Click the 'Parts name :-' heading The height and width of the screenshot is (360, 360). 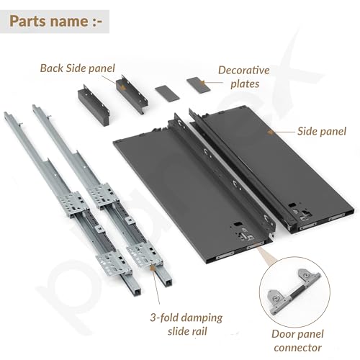click(56, 22)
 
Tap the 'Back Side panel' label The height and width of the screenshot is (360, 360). click(77, 68)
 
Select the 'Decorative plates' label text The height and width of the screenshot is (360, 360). click(244, 77)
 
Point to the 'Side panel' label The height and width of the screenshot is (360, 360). click(322, 131)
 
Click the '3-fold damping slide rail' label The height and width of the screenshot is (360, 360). click(186, 324)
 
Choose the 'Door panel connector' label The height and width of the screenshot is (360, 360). click(297, 341)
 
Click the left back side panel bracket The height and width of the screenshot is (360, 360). click(94, 105)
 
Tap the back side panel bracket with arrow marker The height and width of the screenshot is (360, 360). click(132, 94)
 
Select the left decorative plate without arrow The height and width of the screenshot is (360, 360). click(167, 93)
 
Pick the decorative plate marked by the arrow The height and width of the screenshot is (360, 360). click(198, 85)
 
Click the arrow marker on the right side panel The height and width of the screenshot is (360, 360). click(271, 132)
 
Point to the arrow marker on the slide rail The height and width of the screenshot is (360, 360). click(152, 268)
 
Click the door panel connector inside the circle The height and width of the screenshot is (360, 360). click(294, 291)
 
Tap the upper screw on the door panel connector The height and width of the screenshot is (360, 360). click(307, 275)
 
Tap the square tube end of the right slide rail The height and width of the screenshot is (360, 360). click(167, 281)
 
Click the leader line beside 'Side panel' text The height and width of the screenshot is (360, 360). click(284, 132)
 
